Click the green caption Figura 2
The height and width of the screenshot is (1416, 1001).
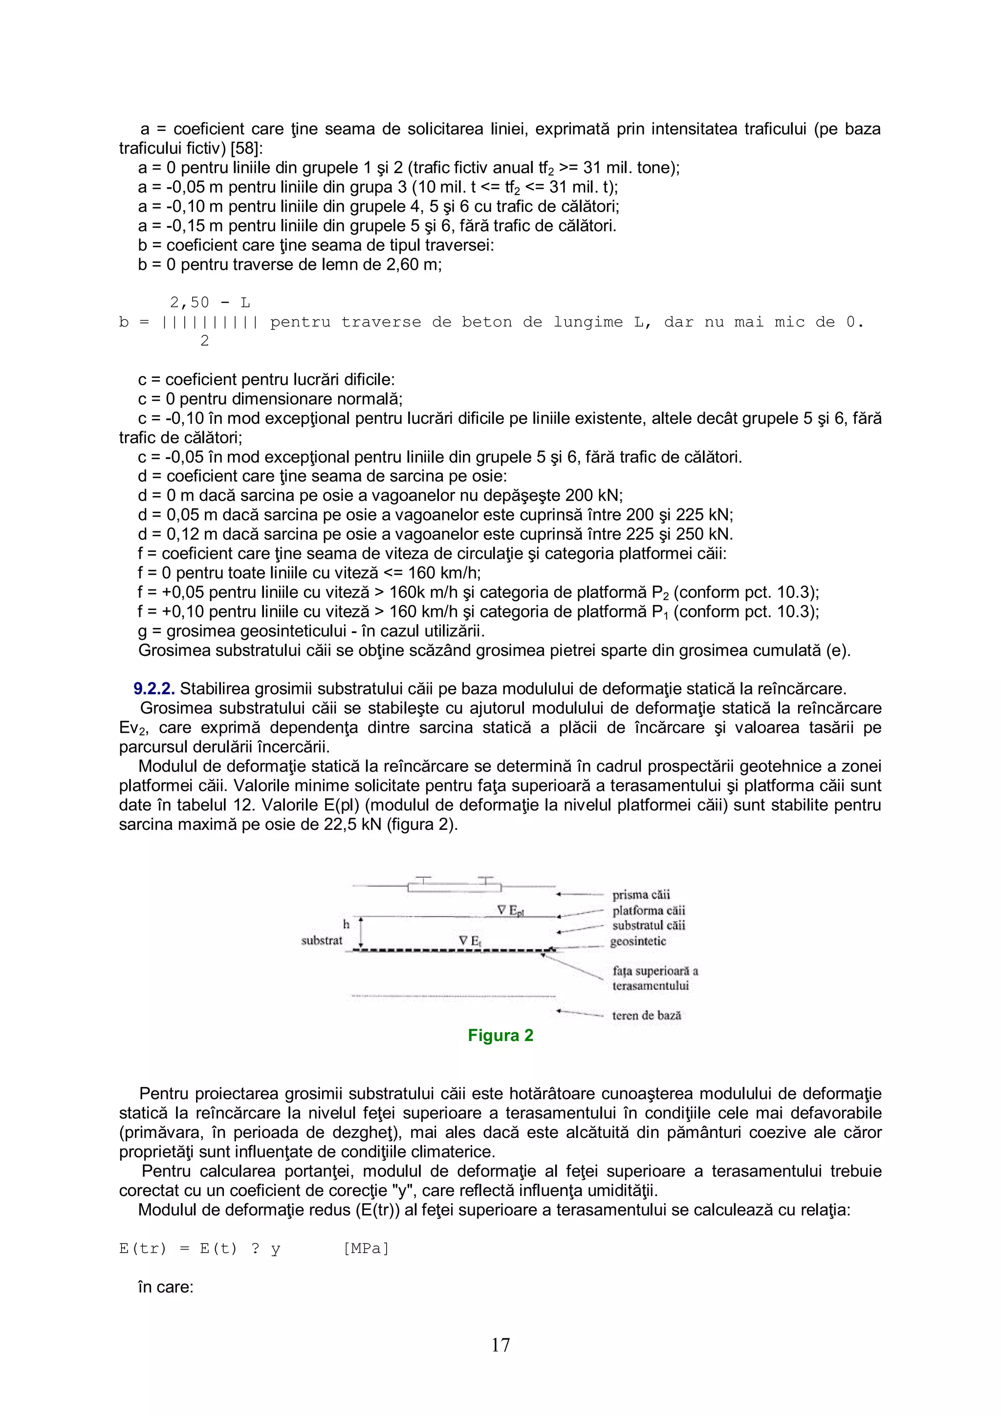pos(500,1035)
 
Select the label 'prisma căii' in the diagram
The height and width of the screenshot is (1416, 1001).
pos(641,895)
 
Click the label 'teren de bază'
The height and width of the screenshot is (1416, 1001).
pos(646,1016)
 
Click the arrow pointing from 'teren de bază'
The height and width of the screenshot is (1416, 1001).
pos(579,1013)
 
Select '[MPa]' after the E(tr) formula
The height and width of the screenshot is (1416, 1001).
pos(367,1249)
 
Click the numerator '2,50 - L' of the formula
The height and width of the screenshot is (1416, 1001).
pos(210,303)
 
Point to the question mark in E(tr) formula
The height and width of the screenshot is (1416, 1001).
pos(255,1249)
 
